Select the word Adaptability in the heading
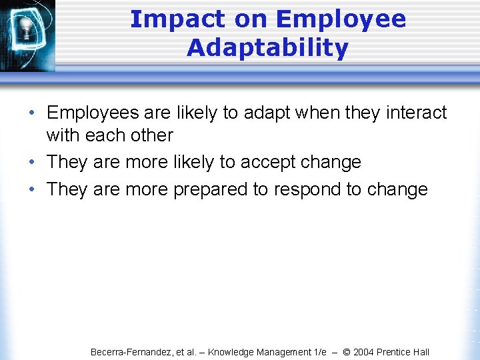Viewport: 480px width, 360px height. pyautogui.click(x=267, y=48)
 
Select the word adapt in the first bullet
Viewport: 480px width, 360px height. pyautogui.click(x=267, y=113)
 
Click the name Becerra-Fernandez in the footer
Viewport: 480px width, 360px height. pyautogui.click(x=131, y=352)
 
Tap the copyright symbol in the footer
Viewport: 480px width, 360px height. pyautogui.click(x=347, y=352)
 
